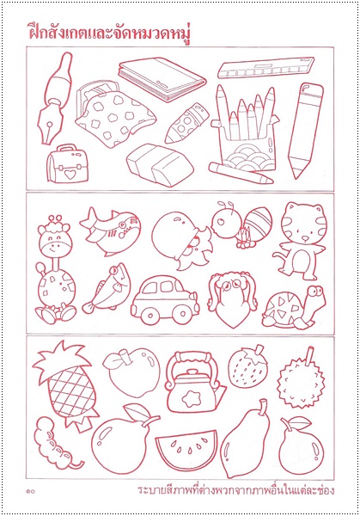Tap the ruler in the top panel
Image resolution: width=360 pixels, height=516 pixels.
point(266,68)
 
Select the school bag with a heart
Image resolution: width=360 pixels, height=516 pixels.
point(68,163)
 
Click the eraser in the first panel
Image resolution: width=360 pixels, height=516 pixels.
point(160,164)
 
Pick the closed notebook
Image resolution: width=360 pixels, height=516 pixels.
point(162,79)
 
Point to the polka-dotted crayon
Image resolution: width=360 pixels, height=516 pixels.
point(186,123)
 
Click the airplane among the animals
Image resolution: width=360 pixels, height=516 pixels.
point(111,230)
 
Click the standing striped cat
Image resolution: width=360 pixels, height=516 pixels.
point(300,241)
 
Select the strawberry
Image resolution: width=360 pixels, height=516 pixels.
point(247,366)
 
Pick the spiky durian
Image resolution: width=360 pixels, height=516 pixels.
point(301,376)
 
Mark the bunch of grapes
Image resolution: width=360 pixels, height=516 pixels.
point(56,443)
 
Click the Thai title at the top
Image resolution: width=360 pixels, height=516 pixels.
point(109,34)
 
